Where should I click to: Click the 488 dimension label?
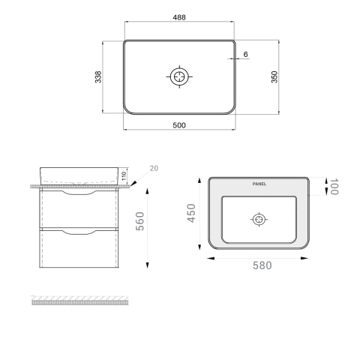179,17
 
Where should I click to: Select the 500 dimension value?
179,125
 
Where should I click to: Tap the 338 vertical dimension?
98,77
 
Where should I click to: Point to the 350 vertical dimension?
274,77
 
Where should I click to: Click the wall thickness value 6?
245,54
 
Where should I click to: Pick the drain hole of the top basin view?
179,76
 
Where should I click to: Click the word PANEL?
259,184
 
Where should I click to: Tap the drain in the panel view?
259,220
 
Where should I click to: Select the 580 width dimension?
262,265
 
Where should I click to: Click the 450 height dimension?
191,213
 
